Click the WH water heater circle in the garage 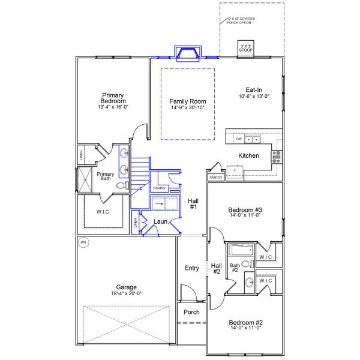coord(83,242)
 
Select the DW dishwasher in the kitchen coord(239,139)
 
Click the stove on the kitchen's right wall coord(277,157)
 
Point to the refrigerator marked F coord(235,170)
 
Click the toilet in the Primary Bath coord(121,187)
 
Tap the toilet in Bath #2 coord(251,264)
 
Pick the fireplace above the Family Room coord(187,53)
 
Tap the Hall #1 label coord(193,204)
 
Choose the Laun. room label coord(160,221)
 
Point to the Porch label coord(191,312)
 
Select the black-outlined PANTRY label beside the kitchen coord(216,178)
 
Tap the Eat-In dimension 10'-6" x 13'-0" coord(254,96)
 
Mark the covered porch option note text coord(241,21)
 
